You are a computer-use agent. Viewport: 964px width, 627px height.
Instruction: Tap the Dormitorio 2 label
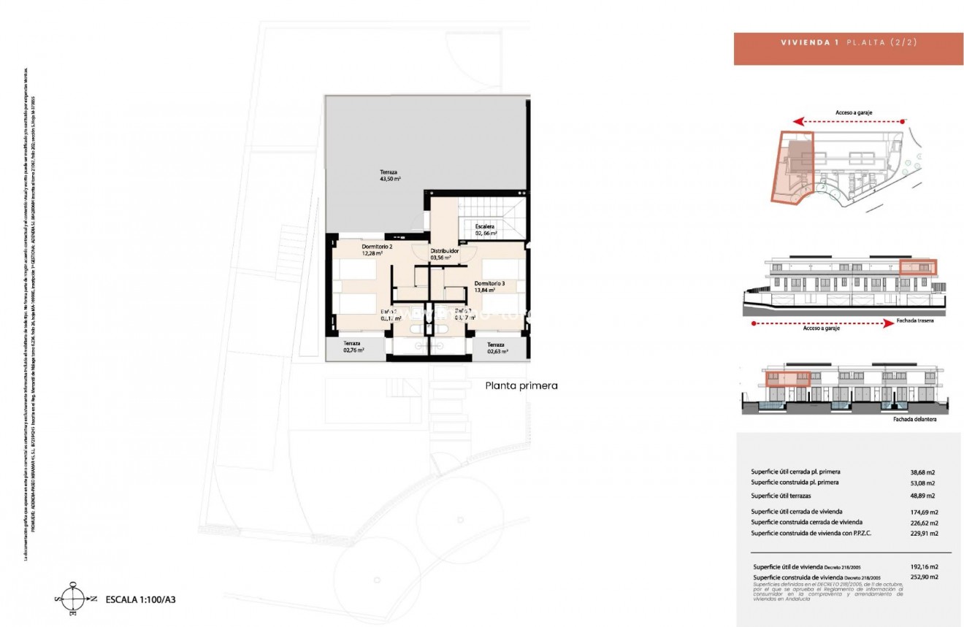(x=377, y=250)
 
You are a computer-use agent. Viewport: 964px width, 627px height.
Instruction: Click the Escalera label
(x=485, y=230)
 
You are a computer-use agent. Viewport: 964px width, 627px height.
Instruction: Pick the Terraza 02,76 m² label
(x=353, y=347)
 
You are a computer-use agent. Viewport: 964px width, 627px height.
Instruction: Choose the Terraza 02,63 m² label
(x=495, y=347)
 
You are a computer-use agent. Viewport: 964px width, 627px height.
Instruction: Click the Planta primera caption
(x=521, y=385)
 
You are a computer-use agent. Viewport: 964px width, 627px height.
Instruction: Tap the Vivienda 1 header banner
(x=848, y=48)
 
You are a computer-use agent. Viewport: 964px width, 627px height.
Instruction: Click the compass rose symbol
(x=74, y=599)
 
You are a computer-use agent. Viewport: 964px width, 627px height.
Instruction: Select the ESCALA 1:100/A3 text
(x=142, y=599)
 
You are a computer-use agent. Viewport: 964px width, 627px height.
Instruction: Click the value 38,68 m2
(x=924, y=472)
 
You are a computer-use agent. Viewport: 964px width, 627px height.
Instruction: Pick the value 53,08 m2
(x=924, y=482)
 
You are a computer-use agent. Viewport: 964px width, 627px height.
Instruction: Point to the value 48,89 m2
(x=924, y=496)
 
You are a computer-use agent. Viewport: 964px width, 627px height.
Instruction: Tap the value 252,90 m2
(x=924, y=577)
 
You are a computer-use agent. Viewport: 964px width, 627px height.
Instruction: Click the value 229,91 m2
(x=924, y=534)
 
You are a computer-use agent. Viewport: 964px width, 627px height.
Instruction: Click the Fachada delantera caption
(x=914, y=420)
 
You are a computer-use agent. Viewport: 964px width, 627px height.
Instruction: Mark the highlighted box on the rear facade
(x=917, y=268)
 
